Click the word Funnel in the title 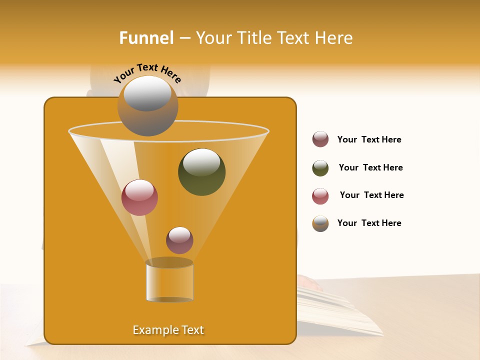click(x=146, y=38)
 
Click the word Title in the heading click(x=254, y=38)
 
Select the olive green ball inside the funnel click(x=201, y=172)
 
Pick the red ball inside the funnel click(x=139, y=197)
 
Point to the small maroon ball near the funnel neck click(x=179, y=240)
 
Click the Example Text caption click(x=168, y=330)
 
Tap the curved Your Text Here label click(x=147, y=73)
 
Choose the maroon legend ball click(x=320, y=139)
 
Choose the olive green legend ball click(x=320, y=168)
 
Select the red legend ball click(x=320, y=196)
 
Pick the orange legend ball click(x=320, y=223)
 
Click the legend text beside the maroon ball click(x=369, y=139)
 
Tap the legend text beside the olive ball click(x=370, y=167)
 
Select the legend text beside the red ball click(x=371, y=195)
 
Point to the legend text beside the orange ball click(x=369, y=223)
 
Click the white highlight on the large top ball click(x=147, y=93)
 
